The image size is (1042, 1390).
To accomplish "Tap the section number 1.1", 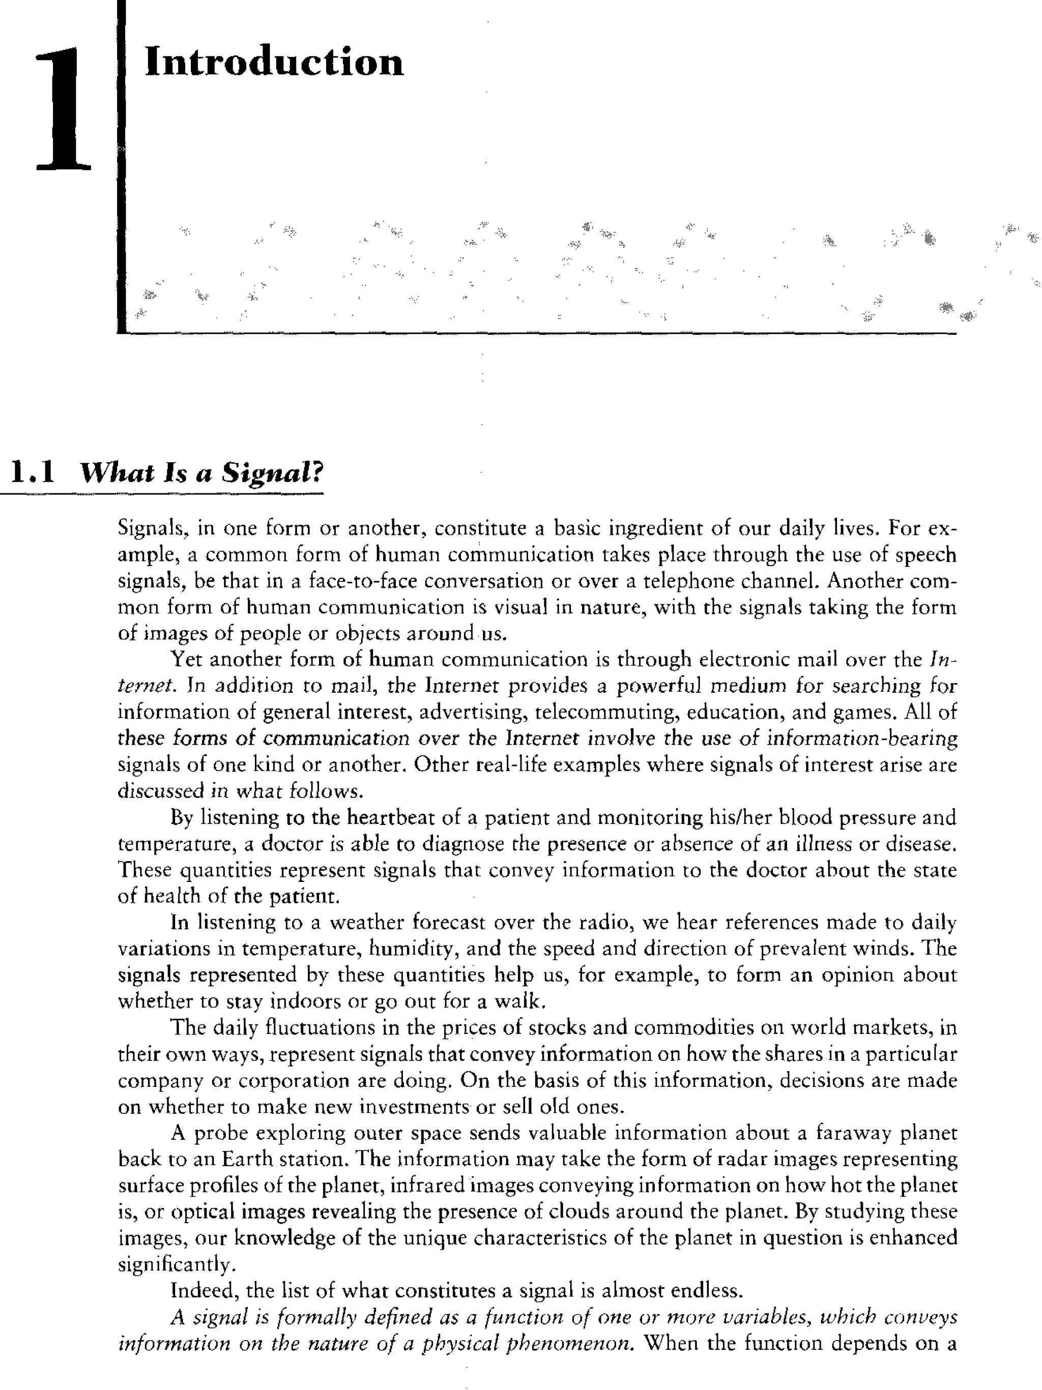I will point(33,472).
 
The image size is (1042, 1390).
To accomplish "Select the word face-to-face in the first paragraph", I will point(363,581).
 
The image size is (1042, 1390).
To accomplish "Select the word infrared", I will point(427,1186).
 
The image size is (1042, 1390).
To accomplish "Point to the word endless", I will point(706,1291).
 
